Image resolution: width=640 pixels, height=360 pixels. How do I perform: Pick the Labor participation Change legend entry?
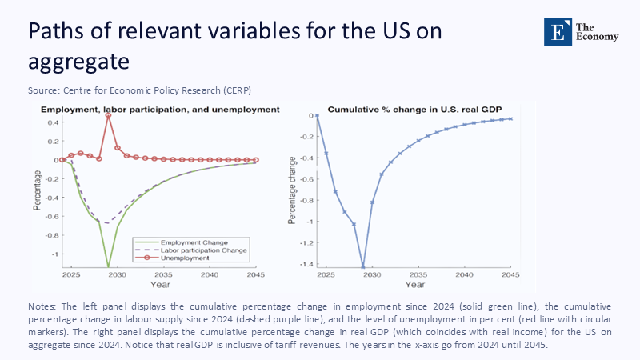tap(205, 250)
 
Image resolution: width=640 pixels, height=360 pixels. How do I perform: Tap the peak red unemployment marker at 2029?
tap(108, 116)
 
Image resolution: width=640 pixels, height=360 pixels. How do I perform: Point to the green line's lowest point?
tap(108, 267)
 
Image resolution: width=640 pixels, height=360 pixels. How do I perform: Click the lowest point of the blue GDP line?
tap(363, 267)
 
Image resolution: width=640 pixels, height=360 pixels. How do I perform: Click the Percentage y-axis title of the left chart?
tap(37, 189)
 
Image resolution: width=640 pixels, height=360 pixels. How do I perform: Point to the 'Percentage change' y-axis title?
tap(293, 189)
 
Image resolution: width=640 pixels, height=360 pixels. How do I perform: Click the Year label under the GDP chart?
tap(415, 285)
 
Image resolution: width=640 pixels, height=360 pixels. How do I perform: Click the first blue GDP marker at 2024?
tap(317, 116)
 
